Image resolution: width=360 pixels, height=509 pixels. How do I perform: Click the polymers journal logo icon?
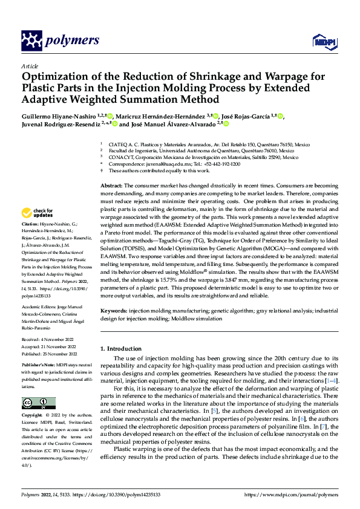tap(31, 40)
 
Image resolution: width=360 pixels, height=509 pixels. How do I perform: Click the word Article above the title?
tap(30, 66)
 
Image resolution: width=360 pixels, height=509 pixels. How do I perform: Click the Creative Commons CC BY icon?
tap(38, 403)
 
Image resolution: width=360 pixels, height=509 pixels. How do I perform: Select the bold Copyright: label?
tap(32, 416)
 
